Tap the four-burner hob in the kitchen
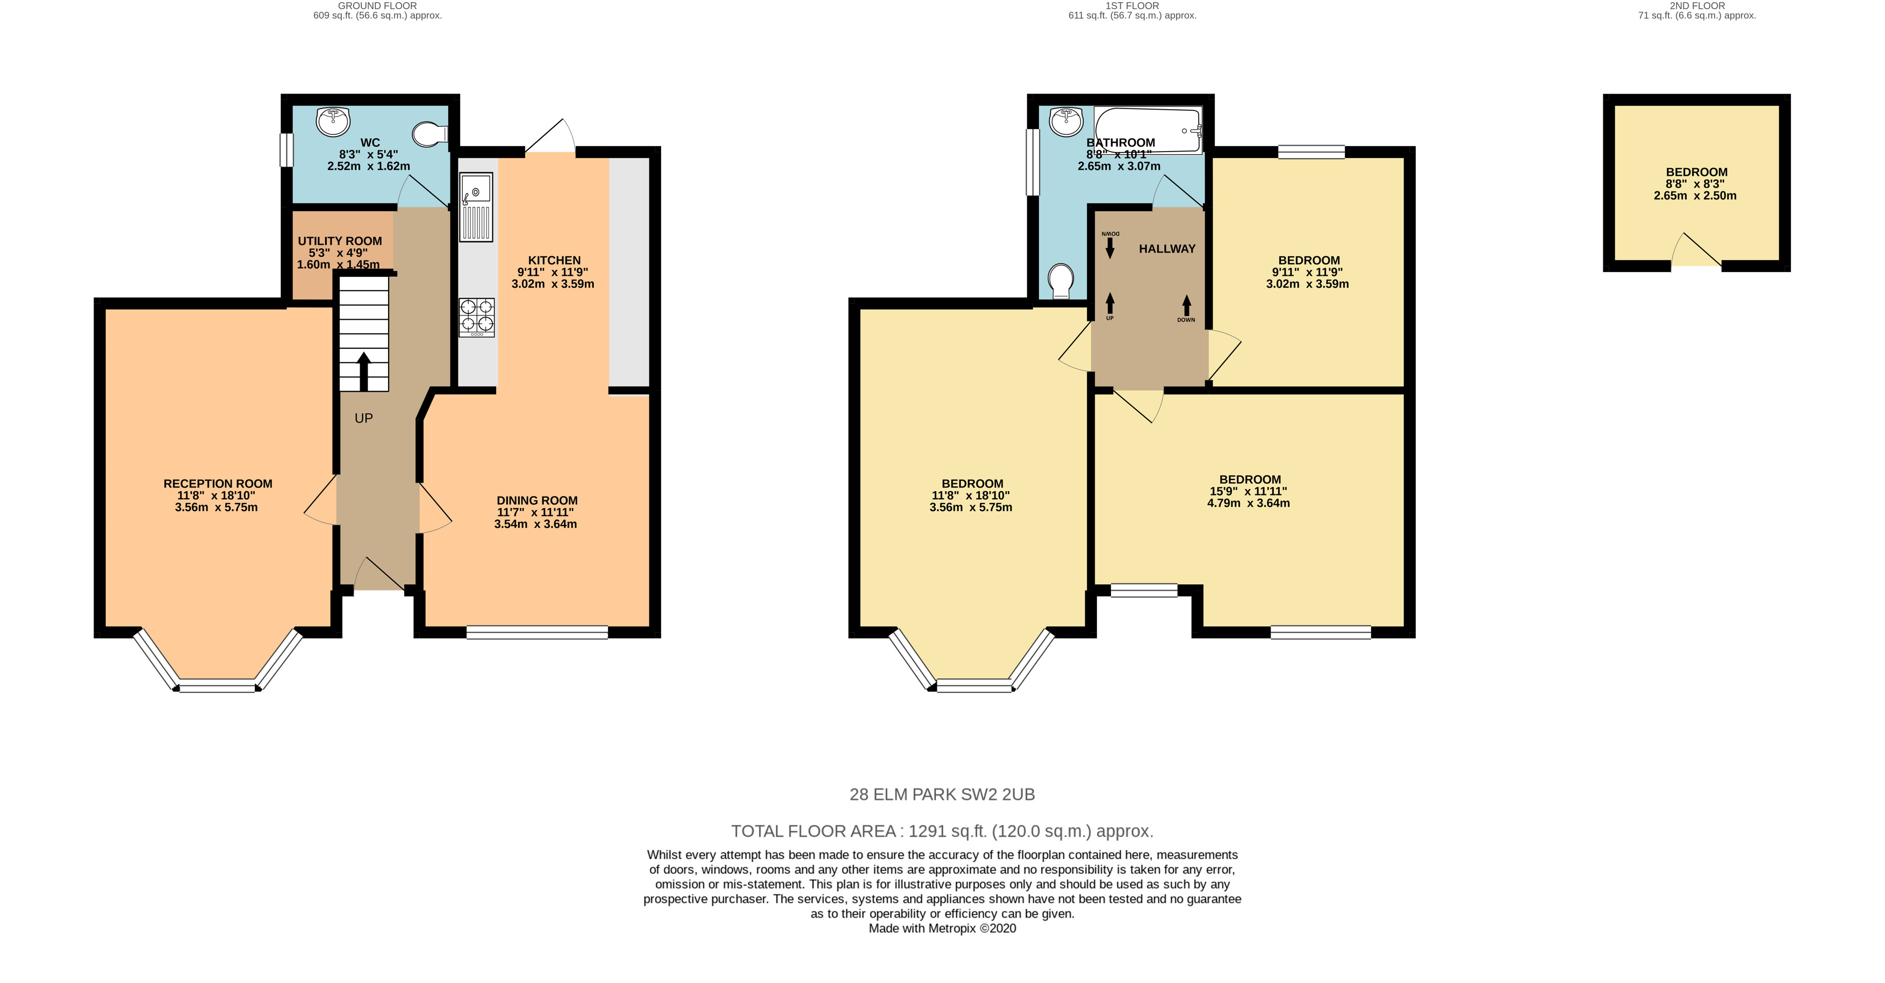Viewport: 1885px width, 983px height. (476, 317)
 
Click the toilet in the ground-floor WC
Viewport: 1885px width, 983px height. (429, 134)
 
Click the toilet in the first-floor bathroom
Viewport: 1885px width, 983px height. (1061, 281)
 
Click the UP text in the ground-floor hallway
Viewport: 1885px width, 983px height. (364, 418)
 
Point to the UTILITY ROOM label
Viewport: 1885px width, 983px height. (340, 241)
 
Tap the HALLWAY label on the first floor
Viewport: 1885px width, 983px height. (1167, 249)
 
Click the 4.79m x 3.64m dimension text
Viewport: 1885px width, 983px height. (1249, 504)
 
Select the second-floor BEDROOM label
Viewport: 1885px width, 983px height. (1696, 172)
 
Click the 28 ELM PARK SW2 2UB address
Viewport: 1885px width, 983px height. (942, 794)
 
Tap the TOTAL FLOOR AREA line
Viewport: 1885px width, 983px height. (942, 831)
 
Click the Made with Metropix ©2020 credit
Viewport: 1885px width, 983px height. (942, 929)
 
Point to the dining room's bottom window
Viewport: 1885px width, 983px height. (537, 633)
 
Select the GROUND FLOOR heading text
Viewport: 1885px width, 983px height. (377, 6)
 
